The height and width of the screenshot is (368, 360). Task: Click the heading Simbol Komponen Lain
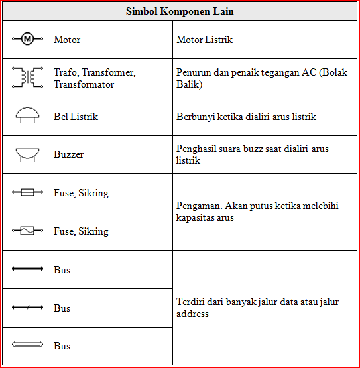180,11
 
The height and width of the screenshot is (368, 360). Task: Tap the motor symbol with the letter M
27,40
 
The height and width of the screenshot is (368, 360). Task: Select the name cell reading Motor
67,40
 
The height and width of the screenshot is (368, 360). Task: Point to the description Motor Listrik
205,40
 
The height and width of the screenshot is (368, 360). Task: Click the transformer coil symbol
27,78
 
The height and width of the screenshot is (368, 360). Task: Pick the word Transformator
84,84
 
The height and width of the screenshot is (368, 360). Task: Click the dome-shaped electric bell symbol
27,115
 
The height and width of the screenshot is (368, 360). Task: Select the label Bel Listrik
76,117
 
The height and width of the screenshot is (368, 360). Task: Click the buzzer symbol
27,154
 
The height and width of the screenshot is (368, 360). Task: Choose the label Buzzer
68,154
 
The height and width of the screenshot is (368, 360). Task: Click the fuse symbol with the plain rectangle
27,193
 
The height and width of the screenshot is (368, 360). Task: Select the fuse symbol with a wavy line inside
27,231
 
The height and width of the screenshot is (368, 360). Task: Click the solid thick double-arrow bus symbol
27,270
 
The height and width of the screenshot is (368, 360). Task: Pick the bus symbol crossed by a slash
27,308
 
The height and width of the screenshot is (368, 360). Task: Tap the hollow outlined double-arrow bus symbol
27,345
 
